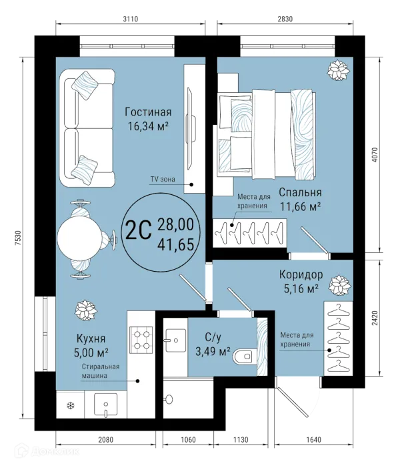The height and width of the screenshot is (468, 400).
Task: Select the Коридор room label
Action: tap(300, 274)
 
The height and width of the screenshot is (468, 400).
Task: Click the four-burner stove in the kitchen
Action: tap(141, 338)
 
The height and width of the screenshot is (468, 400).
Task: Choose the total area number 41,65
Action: tap(175, 245)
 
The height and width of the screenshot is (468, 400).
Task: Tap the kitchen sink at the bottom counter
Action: tap(106, 405)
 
